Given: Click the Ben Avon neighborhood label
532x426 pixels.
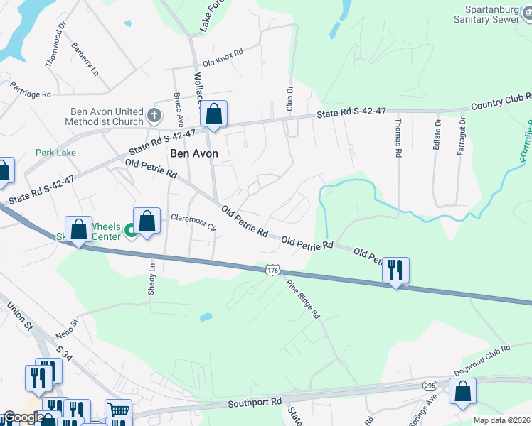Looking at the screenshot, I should [193, 153].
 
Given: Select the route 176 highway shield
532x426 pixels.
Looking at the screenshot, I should [273, 270].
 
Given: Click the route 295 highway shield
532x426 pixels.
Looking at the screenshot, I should [429, 384].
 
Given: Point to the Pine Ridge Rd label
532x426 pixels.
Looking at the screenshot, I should [303, 299].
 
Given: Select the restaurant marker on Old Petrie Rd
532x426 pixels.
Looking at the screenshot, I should [395, 271].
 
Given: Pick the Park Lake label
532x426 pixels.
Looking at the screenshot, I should [56, 153].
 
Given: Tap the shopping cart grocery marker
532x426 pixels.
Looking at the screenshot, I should [118, 410].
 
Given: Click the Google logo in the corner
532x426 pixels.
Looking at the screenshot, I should [23, 418].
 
